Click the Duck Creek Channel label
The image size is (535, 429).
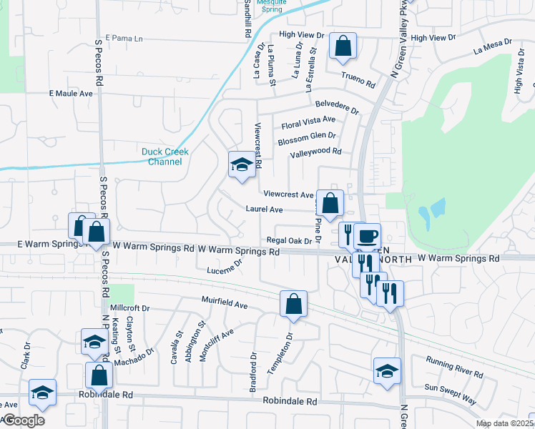[x=162, y=157]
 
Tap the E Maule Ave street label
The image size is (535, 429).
[x=71, y=94]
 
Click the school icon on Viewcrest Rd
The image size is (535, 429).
[x=242, y=165]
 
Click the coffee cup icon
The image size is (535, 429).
[x=368, y=236]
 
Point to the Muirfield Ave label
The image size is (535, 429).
[x=224, y=305]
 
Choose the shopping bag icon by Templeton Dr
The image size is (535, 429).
[x=293, y=304]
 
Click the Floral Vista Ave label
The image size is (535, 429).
[x=308, y=122]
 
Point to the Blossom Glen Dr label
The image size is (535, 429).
[x=307, y=138]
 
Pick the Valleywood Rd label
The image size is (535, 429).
[x=315, y=153]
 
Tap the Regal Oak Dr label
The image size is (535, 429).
[x=289, y=240]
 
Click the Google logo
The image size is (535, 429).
[x=24, y=420]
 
